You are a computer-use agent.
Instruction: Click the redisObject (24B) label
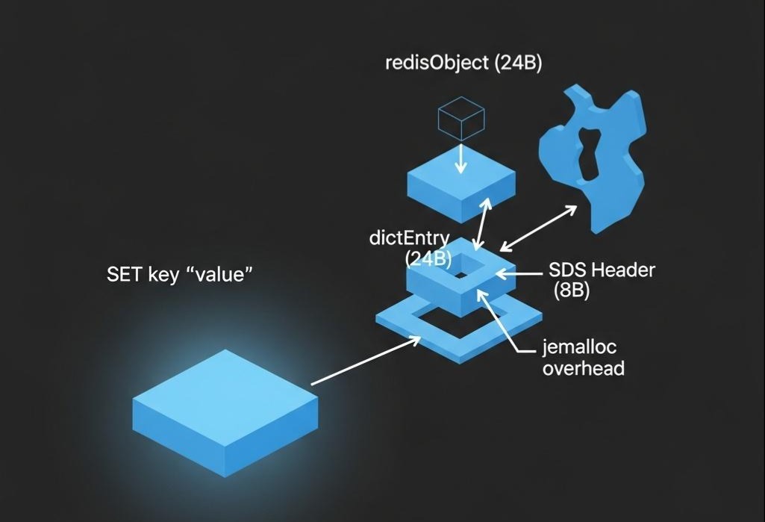coord(463,63)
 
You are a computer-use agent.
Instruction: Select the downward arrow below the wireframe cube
coord(460,158)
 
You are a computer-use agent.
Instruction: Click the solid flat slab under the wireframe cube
coord(460,183)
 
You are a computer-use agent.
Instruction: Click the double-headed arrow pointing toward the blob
coord(538,228)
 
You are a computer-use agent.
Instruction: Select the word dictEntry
coord(409,239)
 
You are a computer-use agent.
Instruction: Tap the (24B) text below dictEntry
coord(428,258)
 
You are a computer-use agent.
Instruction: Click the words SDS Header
coord(601,270)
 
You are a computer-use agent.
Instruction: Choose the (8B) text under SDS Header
coord(571,290)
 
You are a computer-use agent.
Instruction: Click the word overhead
coord(584,368)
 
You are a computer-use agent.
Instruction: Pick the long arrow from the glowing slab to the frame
coord(365,361)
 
